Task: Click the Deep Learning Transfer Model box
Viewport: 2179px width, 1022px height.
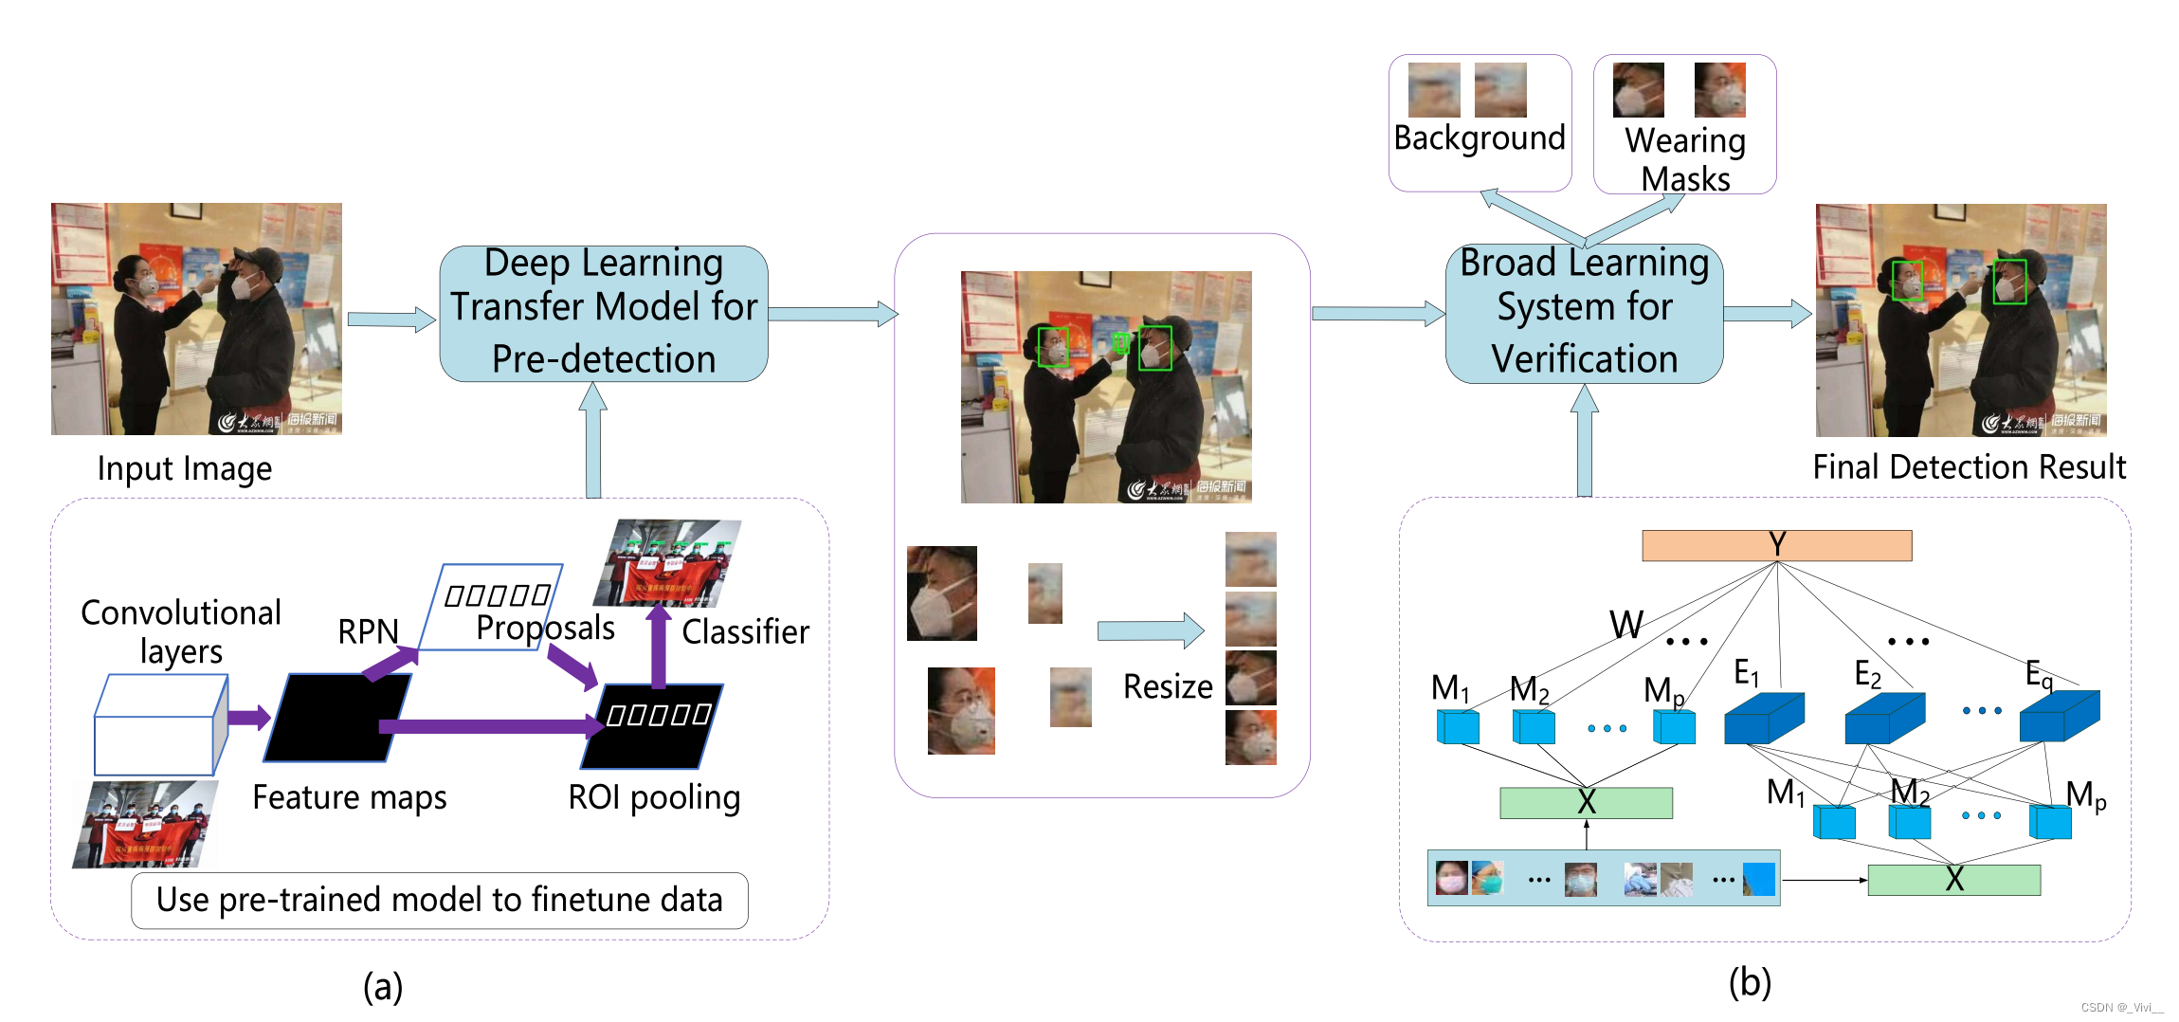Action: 604,314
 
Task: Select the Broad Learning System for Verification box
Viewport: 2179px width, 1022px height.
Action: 1584,314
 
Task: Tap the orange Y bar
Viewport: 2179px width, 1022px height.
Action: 1776,545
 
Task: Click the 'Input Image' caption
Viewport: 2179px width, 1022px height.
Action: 185,468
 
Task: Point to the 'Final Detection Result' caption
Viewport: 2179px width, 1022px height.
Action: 1969,466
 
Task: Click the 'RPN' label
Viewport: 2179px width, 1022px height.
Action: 368,631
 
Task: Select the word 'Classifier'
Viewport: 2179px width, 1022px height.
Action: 745,631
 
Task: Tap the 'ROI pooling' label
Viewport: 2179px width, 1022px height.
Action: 654,797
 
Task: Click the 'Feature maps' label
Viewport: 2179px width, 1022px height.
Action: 349,797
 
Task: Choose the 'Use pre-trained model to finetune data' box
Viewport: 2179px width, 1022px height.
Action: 439,900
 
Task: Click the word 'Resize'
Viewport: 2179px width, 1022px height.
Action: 1168,686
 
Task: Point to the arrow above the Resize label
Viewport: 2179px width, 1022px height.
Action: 1150,630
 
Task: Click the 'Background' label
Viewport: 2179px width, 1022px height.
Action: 1479,138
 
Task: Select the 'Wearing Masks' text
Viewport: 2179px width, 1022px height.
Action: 1685,159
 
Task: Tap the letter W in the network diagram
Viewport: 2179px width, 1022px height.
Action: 1626,625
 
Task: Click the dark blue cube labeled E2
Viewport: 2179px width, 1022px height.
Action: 1883,719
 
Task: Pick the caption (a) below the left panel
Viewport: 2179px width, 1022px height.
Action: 383,987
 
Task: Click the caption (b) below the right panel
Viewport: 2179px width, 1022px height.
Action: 1750,982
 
